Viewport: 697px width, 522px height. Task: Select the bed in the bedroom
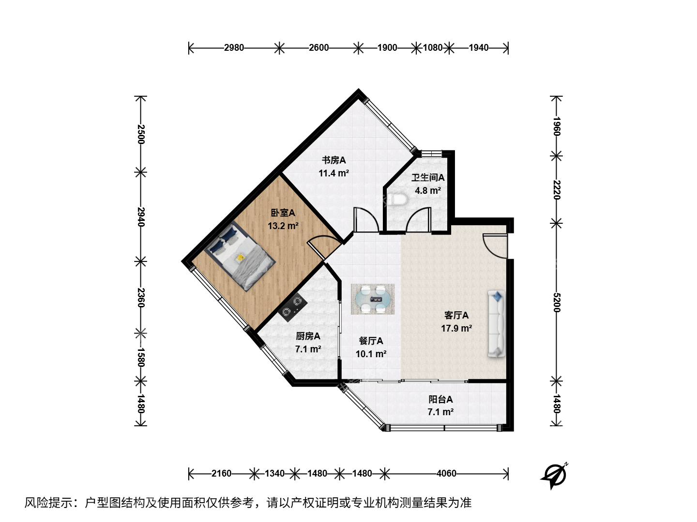tap(240, 256)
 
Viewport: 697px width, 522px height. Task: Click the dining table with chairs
tap(373, 299)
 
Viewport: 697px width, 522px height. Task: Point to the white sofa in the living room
tap(496, 324)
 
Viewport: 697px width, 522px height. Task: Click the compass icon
tap(554, 476)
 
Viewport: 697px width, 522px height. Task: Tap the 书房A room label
tap(333, 160)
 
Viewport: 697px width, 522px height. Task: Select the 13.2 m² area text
tap(283, 226)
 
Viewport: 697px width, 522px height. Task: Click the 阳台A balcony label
tap(440, 399)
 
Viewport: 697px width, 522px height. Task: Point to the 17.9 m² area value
tap(456, 328)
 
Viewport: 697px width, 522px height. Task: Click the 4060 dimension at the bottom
tap(446, 474)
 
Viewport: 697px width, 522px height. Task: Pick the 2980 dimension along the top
tap(234, 47)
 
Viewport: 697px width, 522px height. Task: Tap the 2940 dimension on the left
tap(141, 217)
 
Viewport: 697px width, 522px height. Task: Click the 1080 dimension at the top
tap(433, 47)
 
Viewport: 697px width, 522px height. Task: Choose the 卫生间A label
tap(428, 177)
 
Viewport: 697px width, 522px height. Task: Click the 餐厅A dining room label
tap(371, 341)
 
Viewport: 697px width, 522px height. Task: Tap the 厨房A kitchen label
tap(308, 336)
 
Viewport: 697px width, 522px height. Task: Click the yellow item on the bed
tap(240, 258)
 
